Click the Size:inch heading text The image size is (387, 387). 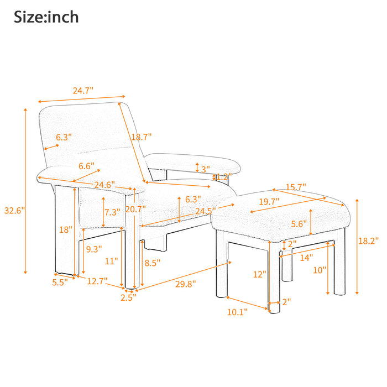(46, 17)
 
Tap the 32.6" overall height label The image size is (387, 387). (14, 211)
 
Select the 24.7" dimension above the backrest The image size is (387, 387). (83, 91)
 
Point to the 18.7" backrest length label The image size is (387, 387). (141, 137)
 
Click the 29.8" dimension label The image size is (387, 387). (186, 284)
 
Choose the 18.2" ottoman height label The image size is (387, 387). (368, 240)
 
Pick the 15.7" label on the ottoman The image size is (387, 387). (296, 187)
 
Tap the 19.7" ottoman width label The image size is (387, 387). (269, 201)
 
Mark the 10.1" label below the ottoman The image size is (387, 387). (237, 312)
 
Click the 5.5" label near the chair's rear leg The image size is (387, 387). (60, 282)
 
